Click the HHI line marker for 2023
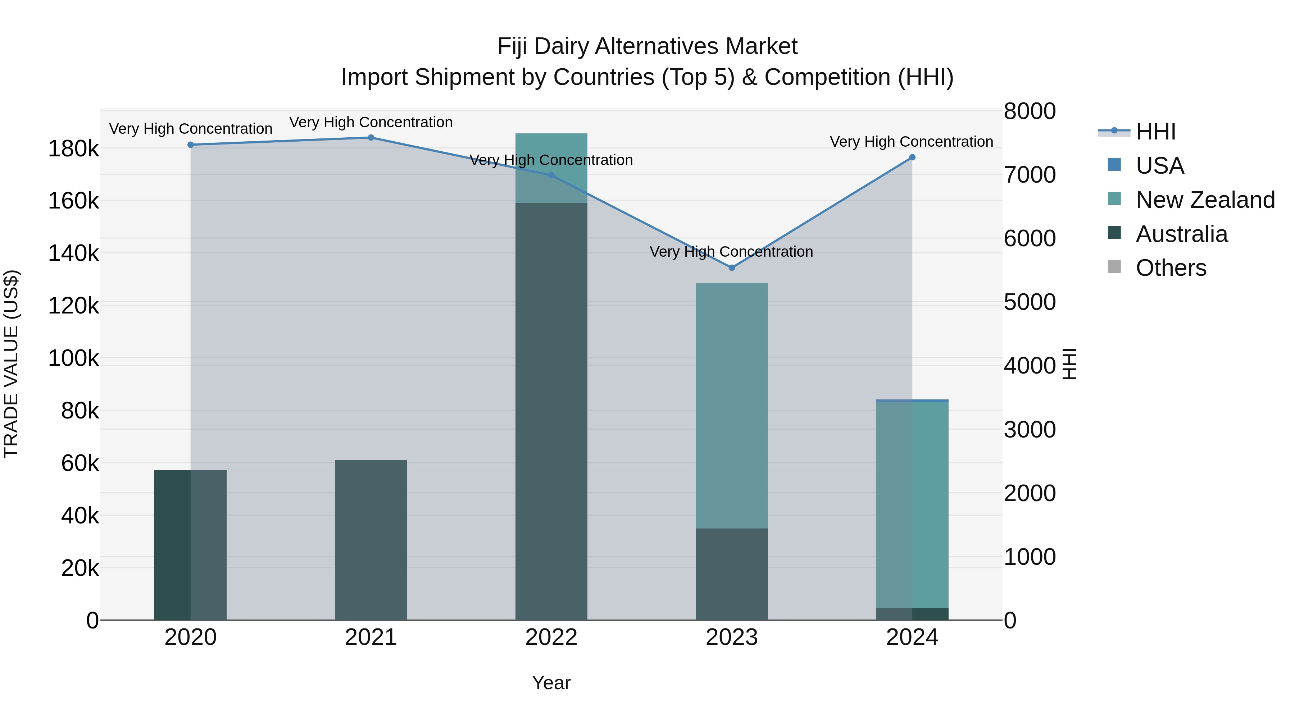tap(731, 268)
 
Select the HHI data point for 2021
tap(371, 138)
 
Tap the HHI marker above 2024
tap(912, 157)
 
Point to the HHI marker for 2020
tap(191, 145)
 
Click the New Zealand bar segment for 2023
tap(731, 406)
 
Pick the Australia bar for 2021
tap(371, 540)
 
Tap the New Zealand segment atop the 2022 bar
tap(551, 168)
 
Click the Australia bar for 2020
tap(191, 545)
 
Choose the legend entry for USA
tap(1159, 166)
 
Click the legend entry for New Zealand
tap(1204, 200)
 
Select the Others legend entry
tap(1170, 268)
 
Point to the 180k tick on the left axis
tap(73, 149)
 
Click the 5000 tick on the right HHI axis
tap(1030, 302)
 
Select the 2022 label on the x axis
tap(551, 637)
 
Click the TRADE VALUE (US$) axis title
tap(11, 364)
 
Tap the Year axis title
tap(551, 683)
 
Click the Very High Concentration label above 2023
tap(731, 251)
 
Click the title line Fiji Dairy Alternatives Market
tap(647, 46)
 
